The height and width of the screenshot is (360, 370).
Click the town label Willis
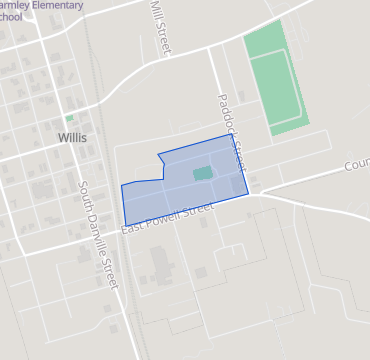pyautogui.click(x=73, y=137)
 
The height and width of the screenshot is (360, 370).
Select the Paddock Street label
pyautogui.click(x=231, y=130)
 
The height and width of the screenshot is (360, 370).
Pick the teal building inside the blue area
pyautogui.click(x=202, y=173)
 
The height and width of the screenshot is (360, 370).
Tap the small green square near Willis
pyautogui.click(x=70, y=118)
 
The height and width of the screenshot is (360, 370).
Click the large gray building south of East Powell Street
pyautogui.click(x=160, y=265)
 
